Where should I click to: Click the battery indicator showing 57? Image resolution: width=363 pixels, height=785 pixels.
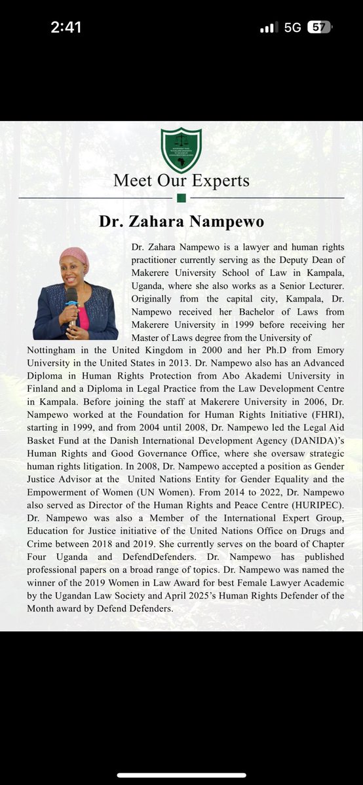(319, 28)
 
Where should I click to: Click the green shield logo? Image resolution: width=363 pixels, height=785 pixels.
(181, 150)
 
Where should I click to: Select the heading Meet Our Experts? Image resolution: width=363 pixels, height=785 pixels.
(181, 180)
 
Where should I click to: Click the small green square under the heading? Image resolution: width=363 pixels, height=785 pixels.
(181, 198)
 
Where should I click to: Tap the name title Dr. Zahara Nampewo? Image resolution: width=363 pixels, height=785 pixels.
(181, 222)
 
